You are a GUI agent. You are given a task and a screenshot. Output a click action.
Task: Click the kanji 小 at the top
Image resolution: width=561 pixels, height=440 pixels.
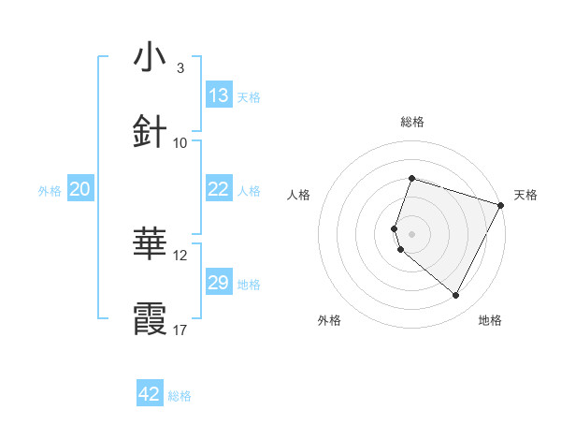[x=151, y=58]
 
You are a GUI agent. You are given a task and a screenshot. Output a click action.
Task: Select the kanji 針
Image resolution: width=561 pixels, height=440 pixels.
[x=151, y=132]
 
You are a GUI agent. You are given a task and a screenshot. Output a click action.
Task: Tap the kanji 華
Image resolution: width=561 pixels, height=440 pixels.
[x=151, y=244]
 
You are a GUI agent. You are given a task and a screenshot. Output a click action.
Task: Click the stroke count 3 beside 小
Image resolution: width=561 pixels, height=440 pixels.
[x=180, y=68]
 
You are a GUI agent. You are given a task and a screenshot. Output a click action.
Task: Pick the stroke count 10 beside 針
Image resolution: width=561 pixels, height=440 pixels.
[x=180, y=142]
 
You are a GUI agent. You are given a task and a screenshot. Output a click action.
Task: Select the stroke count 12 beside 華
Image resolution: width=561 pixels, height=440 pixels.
[x=180, y=255]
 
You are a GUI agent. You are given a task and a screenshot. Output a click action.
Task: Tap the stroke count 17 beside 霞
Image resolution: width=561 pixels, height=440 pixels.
[x=180, y=330]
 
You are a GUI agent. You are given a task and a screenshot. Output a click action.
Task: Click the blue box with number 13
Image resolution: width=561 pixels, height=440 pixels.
[x=219, y=95]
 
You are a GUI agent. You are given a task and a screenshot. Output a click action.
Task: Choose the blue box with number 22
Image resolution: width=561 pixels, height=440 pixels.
[x=219, y=189]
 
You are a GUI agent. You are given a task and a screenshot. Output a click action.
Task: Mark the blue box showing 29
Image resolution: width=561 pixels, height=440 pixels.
[x=219, y=283]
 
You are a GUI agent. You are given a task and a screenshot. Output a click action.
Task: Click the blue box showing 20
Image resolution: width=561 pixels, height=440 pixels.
[x=80, y=189]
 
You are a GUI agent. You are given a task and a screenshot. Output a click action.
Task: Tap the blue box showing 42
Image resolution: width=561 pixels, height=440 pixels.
[x=150, y=394]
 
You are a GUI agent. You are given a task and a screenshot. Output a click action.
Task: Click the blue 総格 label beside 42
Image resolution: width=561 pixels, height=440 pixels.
[x=180, y=396]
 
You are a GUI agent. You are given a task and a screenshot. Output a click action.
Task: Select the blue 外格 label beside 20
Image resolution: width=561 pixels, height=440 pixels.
[x=50, y=191]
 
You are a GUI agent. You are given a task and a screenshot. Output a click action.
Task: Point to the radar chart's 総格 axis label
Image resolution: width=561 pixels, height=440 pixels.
[x=412, y=122]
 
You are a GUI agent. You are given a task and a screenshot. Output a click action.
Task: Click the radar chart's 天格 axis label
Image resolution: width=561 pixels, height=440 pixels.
[x=525, y=195]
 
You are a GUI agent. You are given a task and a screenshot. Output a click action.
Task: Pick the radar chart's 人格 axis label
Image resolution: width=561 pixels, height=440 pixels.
[x=298, y=195]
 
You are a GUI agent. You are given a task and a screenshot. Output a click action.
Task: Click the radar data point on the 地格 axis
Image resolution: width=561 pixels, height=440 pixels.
[x=456, y=296]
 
